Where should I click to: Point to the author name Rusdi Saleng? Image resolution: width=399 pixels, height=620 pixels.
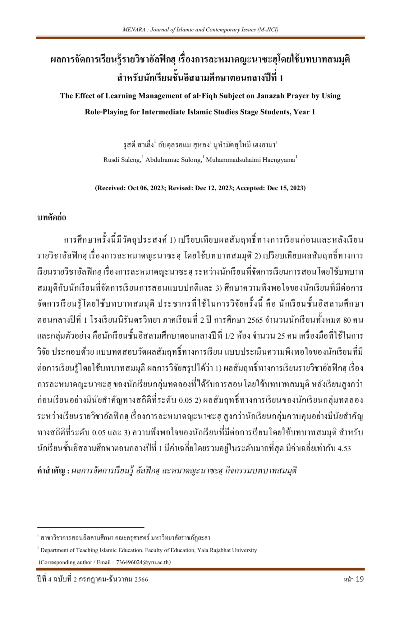click(122, 160)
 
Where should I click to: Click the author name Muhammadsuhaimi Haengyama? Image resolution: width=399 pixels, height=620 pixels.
click(250, 160)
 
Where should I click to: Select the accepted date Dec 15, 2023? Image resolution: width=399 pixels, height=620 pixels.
click(286, 188)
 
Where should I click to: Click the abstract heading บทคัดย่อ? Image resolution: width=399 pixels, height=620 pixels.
click(52, 218)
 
